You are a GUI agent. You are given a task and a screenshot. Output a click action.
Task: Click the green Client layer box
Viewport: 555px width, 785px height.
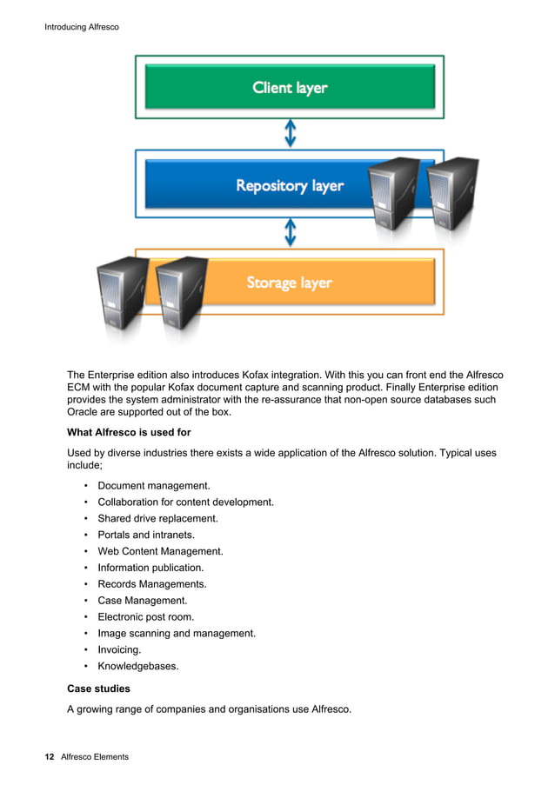click(x=290, y=87)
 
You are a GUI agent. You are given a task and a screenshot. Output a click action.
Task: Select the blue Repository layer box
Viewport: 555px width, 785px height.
click(x=261, y=185)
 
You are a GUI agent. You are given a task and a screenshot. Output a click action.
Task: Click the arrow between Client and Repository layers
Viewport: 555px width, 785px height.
click(x=291, y=133)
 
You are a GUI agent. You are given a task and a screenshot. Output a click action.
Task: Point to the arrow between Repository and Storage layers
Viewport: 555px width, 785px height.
click(x=291, y=232)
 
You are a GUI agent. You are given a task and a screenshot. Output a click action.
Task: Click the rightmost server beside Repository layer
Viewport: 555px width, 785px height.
click(x=452, y=192)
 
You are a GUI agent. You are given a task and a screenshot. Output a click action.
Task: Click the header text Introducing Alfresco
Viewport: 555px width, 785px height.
click(x=81, y=28)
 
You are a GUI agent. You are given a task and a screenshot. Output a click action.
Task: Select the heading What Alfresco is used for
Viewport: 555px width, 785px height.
click(x=129, y=432)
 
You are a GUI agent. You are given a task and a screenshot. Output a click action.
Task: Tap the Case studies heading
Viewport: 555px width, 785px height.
click(x=98, y=688)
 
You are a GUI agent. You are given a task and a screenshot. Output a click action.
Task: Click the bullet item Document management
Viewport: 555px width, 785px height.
click(x=153, y=486)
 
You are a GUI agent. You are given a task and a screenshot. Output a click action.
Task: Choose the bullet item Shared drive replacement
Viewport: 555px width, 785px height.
click(x=157, y=519)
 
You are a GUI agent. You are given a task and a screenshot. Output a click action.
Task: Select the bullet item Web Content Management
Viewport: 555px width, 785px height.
click(x=160, y=551)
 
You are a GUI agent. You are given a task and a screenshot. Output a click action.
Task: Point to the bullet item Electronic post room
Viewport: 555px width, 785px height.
click(x=145, y=617)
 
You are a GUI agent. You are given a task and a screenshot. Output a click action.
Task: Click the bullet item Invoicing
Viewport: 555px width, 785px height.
click(x=119, y=649)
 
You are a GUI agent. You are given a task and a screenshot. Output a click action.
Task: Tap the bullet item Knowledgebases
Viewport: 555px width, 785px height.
click(x=137, y=666)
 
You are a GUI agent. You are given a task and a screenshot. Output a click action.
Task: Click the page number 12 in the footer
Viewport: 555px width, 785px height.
click(x=50, y=757)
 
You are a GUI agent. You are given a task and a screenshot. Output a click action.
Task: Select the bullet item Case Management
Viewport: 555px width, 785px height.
click(x=142, y=601)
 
